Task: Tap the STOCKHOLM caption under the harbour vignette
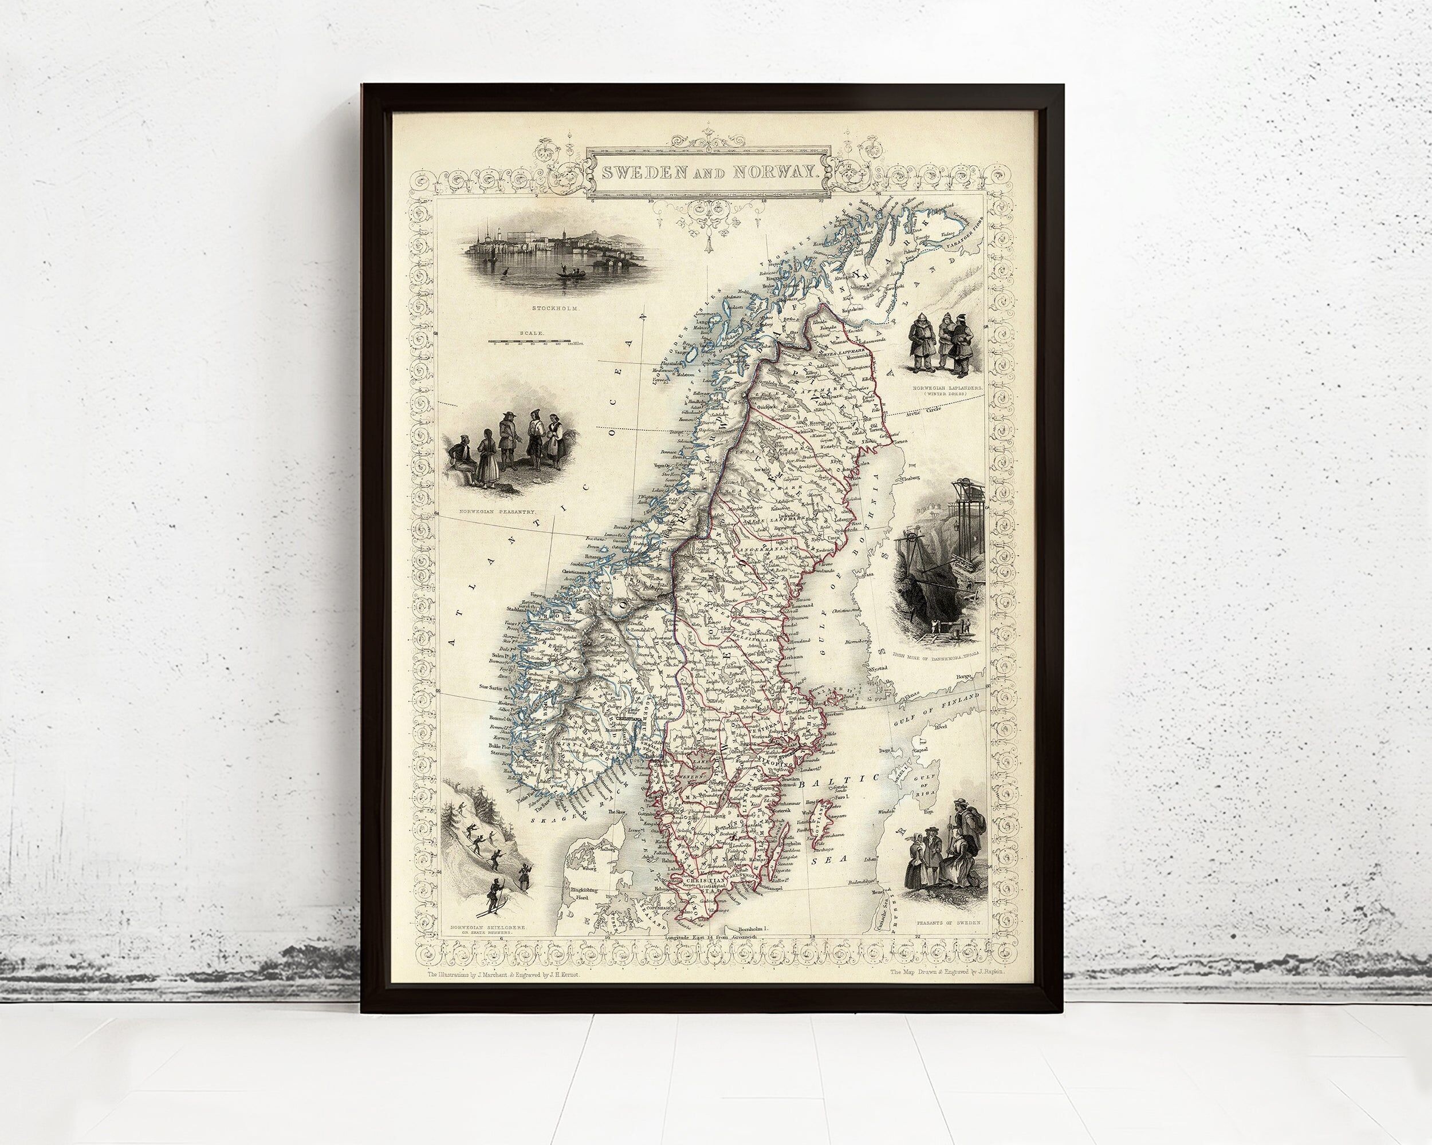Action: [x=550, y=309]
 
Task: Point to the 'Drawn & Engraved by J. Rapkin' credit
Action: [x=949, y=972]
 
